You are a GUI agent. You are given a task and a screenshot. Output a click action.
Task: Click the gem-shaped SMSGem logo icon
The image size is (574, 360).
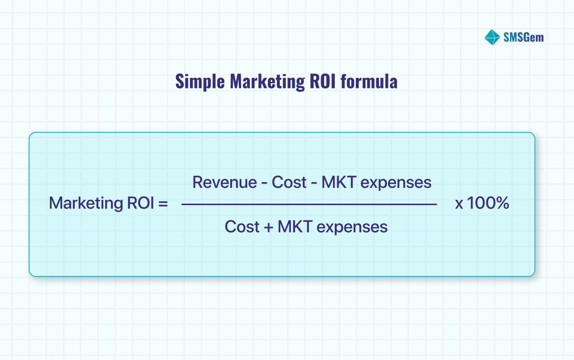(492, 37)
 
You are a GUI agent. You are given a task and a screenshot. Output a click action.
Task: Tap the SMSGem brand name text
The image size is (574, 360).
(523, 37)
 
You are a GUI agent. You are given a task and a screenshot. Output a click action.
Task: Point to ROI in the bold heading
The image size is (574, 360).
(323, 81)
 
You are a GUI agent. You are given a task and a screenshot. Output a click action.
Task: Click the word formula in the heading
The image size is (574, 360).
(369, 81)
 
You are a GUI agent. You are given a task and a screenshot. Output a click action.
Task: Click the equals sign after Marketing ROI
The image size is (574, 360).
(163, 204)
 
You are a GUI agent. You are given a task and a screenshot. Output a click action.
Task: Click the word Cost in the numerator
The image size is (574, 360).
(289, 182)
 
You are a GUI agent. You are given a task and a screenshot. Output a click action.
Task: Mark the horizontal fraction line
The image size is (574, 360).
(309, 205)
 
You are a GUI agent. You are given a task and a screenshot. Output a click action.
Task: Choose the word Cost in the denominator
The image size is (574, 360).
(242, 227)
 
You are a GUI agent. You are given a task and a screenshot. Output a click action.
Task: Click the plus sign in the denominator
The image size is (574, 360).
(268, 227)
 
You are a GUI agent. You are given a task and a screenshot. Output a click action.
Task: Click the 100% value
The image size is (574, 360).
(488, 204)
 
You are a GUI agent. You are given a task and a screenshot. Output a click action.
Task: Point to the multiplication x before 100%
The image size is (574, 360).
(459, 205)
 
